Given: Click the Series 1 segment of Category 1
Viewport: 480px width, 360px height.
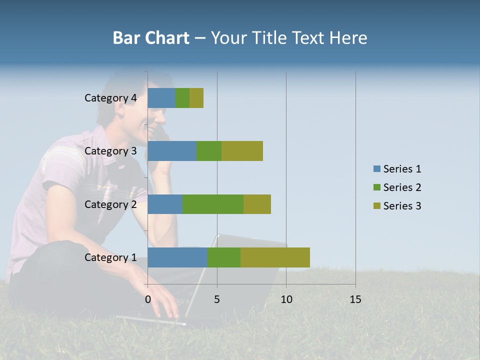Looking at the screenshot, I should point(177,257).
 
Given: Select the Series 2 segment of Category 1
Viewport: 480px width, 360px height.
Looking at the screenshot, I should point(224,257).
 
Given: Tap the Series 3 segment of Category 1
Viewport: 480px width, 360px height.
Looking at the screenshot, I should point(275,257).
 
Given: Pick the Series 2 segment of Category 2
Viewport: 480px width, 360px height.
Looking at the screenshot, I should point(213,204).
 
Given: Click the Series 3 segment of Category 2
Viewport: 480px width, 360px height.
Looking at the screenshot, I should point(257,204).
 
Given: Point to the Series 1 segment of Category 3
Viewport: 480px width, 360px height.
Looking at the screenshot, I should point(172,151).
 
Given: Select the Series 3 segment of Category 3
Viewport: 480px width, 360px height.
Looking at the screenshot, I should point(242,151).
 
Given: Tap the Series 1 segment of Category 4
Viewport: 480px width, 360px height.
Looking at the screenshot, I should point(161,98).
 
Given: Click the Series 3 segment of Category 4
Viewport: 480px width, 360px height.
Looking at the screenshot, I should point(196,98).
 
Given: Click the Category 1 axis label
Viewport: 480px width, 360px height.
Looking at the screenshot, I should point(110,257).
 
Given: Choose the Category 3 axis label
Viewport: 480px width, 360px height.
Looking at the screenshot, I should point(110,151).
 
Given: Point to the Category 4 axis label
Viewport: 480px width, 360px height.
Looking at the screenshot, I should point(110,98).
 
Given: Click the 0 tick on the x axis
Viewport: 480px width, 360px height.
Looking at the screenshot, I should point(148,299).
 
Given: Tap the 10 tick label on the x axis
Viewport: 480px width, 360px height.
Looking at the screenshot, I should point(286,299).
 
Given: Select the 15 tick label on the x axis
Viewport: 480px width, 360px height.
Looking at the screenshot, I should point(355,299).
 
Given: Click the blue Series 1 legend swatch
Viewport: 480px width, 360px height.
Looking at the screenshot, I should point(376,169).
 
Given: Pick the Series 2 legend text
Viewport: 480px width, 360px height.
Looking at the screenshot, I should point(402,187).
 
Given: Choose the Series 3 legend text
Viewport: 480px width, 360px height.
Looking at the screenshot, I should point(402,206).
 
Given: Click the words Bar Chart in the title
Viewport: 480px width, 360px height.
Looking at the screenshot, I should point(151,37).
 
